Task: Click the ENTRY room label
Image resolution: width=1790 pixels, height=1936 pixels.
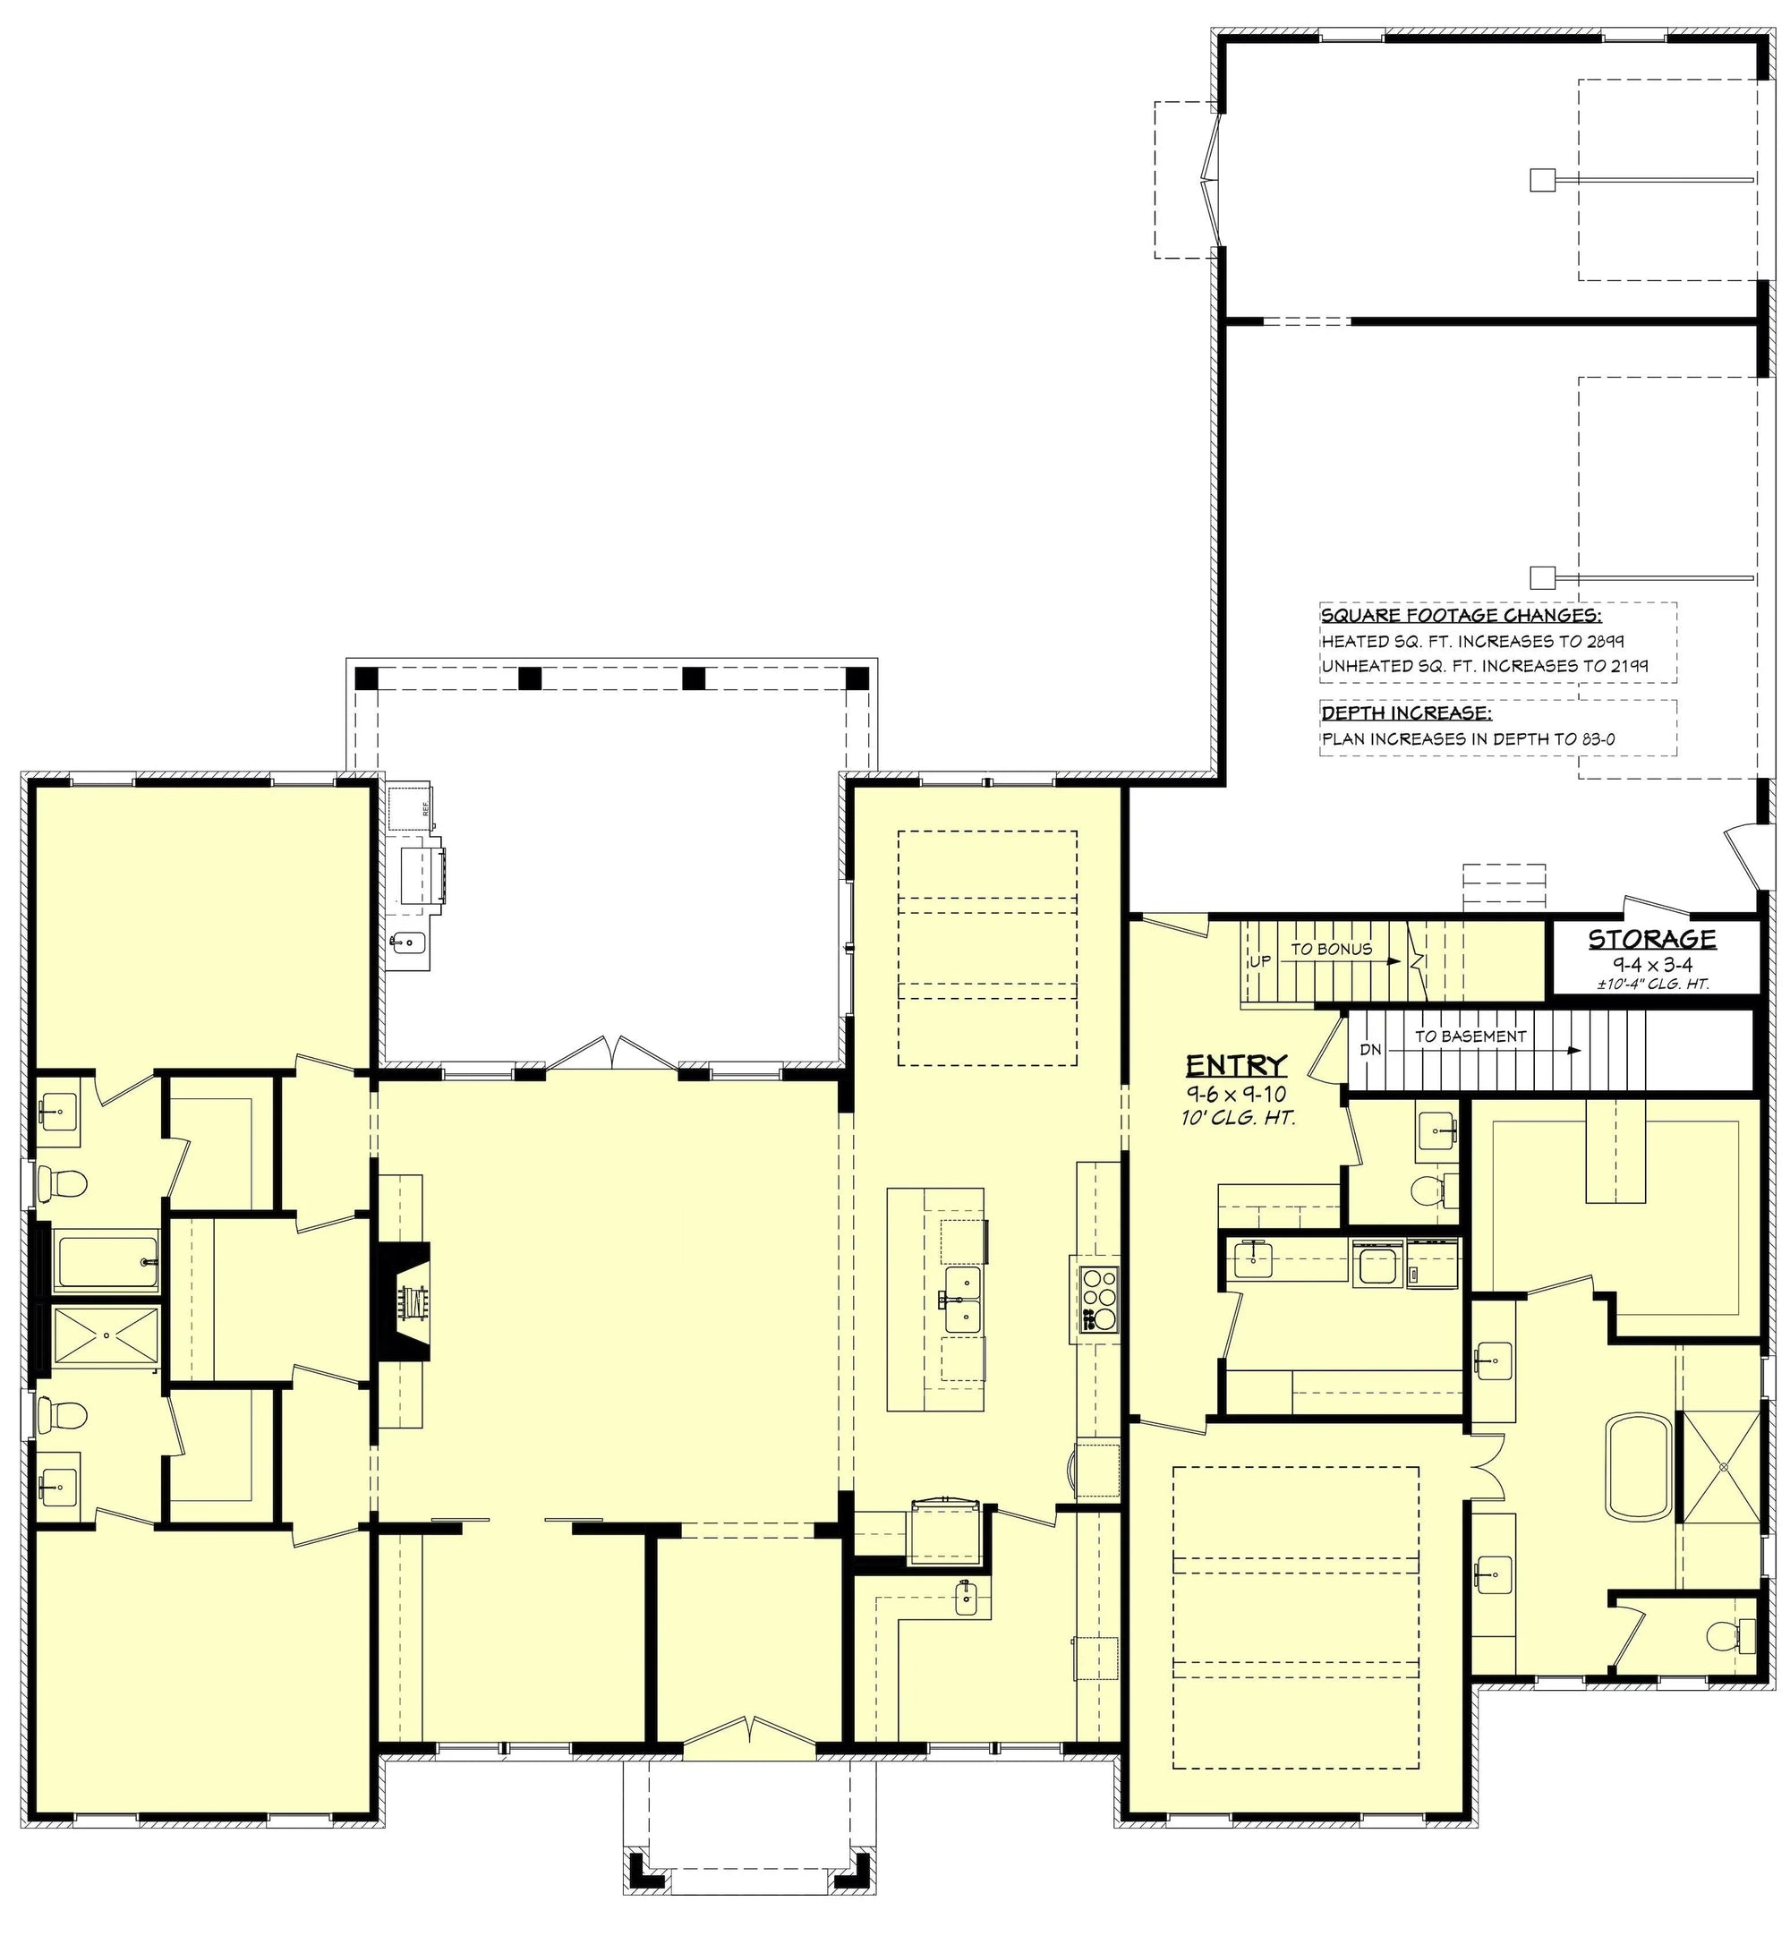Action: coord(1237,1066)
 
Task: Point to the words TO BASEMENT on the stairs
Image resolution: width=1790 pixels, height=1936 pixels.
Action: coord(1470,1036)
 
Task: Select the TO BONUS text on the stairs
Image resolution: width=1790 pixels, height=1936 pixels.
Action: coord(1331,949)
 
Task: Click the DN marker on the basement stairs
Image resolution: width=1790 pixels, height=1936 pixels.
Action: coord(1370,1050)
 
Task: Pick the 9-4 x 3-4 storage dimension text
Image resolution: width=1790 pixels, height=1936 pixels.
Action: coord(1651,964)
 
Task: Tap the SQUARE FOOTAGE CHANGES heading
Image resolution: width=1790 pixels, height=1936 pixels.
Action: coord(1461,616)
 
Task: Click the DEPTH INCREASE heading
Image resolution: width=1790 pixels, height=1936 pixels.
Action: coord(1405,713)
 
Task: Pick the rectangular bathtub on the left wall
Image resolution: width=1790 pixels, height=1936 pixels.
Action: coord(107,1262)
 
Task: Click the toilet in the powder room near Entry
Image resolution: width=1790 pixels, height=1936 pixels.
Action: coord(1429,1189)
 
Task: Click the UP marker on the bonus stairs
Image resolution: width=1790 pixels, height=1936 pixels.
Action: coord(1260,961)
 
